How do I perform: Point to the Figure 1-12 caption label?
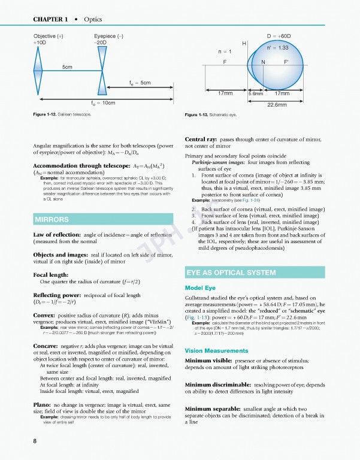click(49, 114)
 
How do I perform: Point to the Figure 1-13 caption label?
click(201, 114)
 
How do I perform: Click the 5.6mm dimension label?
click(256, 93)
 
